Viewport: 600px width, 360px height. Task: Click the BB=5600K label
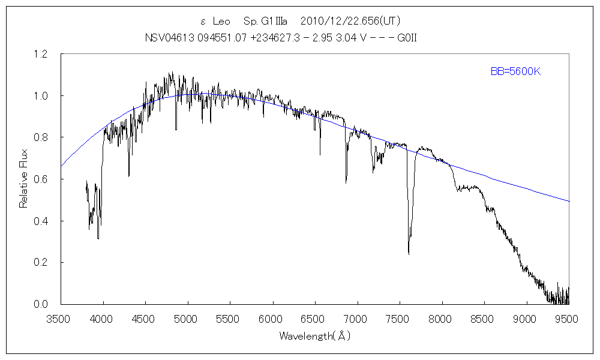click(x=516, y=72)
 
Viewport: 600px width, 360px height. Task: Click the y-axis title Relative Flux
click(x=24, y=179)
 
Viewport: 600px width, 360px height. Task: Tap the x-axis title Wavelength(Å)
click(x=314, y=336)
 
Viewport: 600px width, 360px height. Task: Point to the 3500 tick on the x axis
click(x=61, y=318)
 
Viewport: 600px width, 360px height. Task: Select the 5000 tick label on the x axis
click(x=188, y=318)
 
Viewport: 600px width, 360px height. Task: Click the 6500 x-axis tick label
click(x=315, y=318)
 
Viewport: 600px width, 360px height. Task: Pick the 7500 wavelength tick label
click(x=400, y=318)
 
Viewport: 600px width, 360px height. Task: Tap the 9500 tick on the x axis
click(x=569, y=318)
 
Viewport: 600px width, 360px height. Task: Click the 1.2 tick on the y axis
click(x=40, y=55)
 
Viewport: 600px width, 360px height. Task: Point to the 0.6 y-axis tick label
click(x=40, y=179)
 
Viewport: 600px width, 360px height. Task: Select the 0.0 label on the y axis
click(x=40, y=304)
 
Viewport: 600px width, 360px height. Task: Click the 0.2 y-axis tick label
click(x=40, y=263)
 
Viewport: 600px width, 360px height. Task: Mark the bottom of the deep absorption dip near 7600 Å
click(x=409, y=254)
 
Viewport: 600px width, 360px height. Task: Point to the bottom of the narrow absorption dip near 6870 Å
click(x=346, y=182)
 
